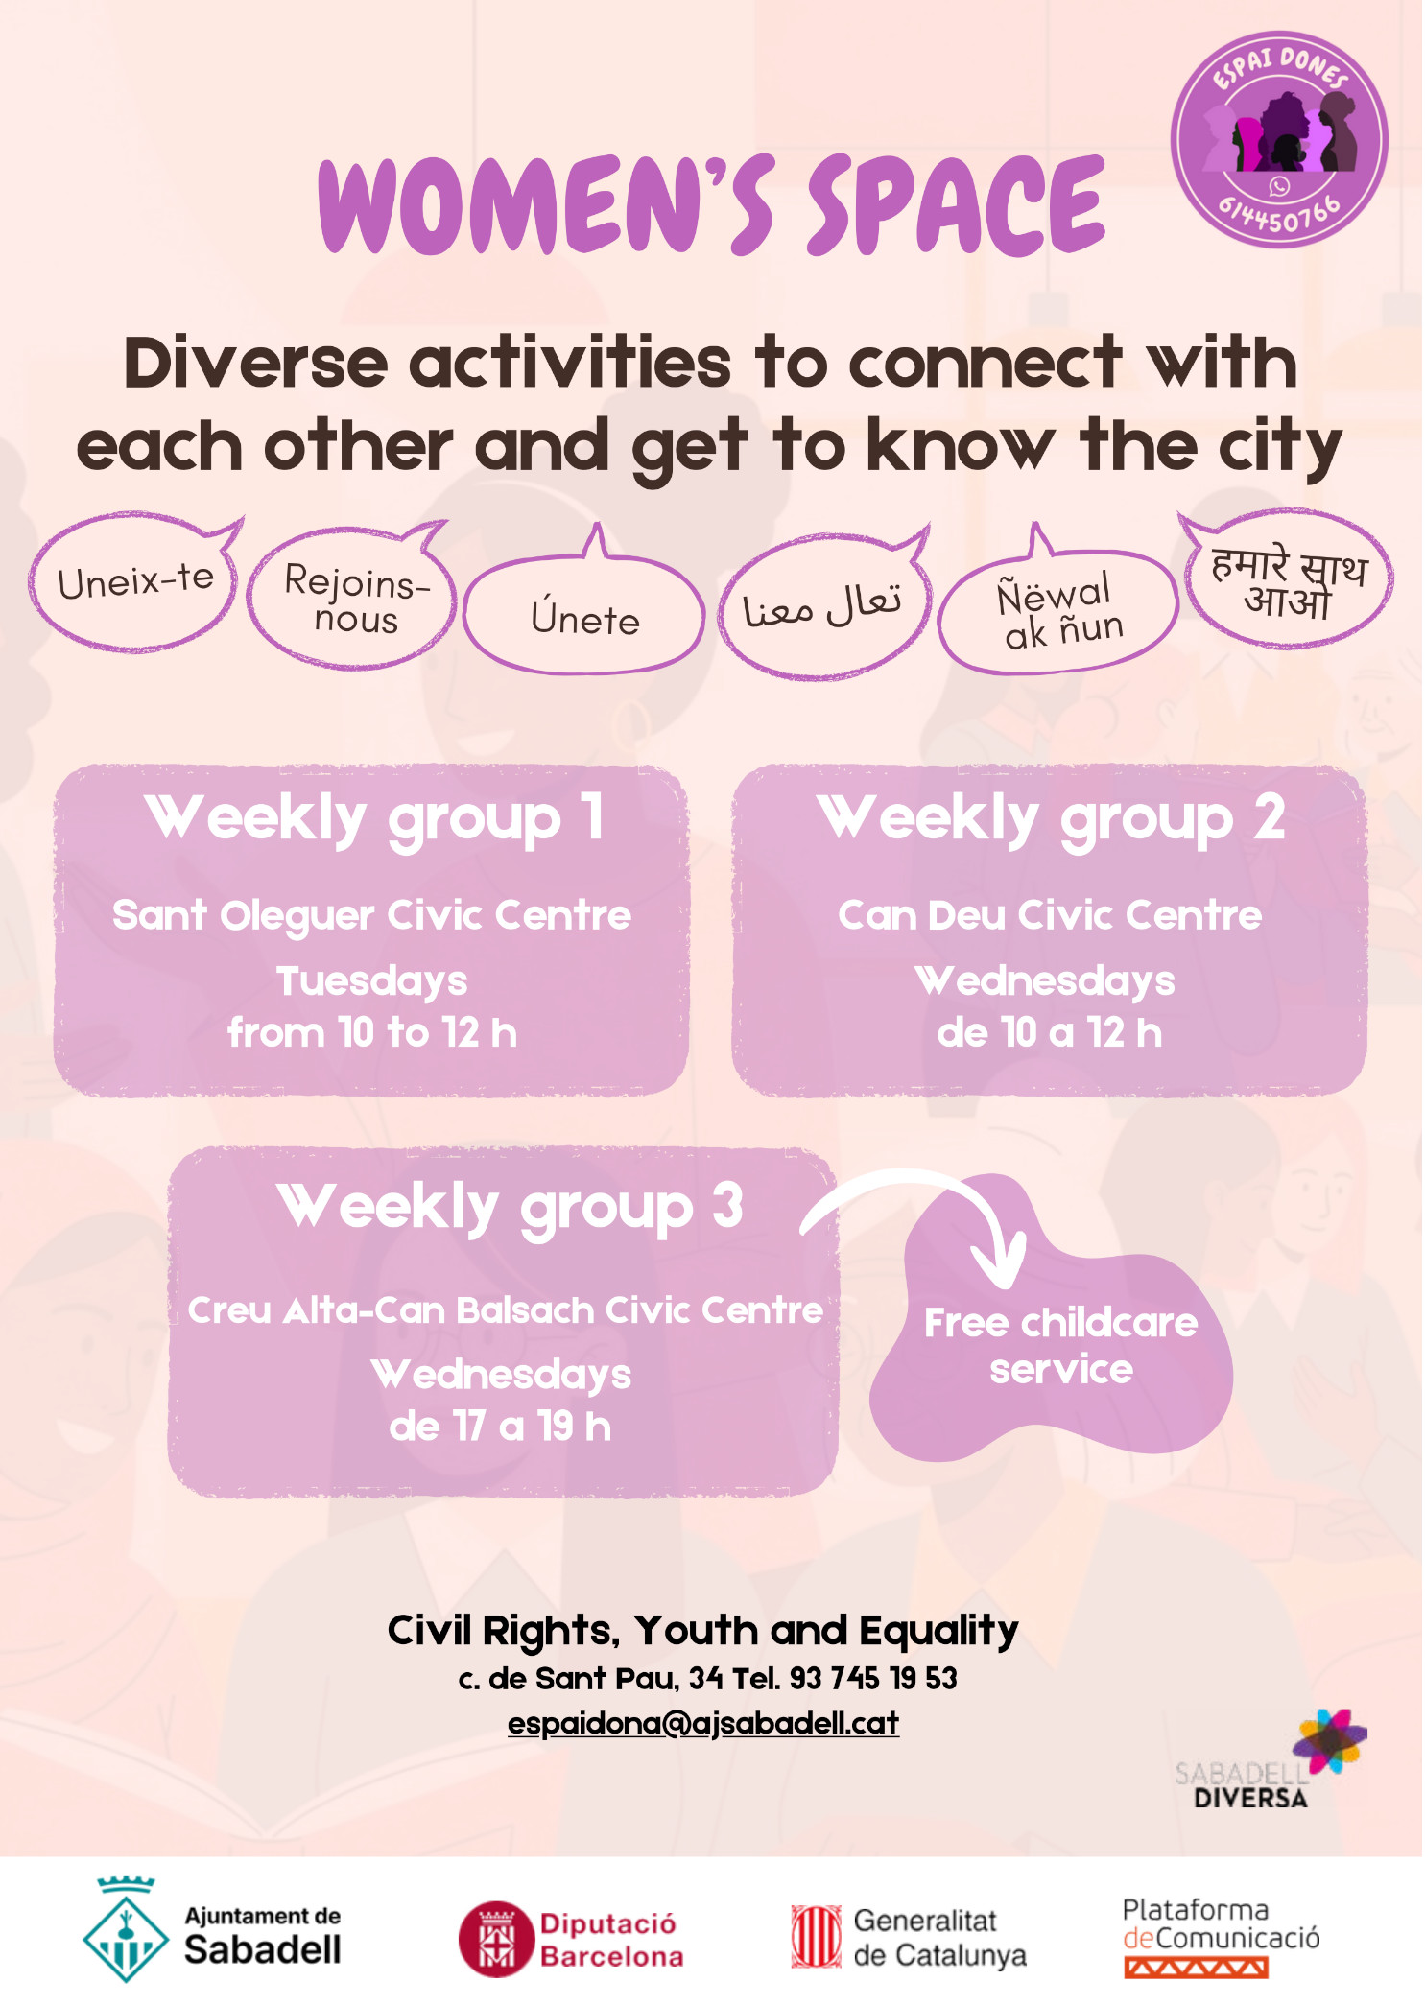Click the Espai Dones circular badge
coord(1278,139)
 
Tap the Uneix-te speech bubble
coord(134,582)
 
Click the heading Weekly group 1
coord(374,819)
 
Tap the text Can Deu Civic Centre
coord(1050,915)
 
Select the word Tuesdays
coord(372,981)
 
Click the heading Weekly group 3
coord(510,1208)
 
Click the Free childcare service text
coord(1060,1346)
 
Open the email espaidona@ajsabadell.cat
coord(703,1723)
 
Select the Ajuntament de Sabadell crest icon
coord(126,1930)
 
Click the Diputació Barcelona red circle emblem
coord(496,1939)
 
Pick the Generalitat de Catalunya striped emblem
coord(816,1937)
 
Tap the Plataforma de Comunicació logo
coord(1221,1937)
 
